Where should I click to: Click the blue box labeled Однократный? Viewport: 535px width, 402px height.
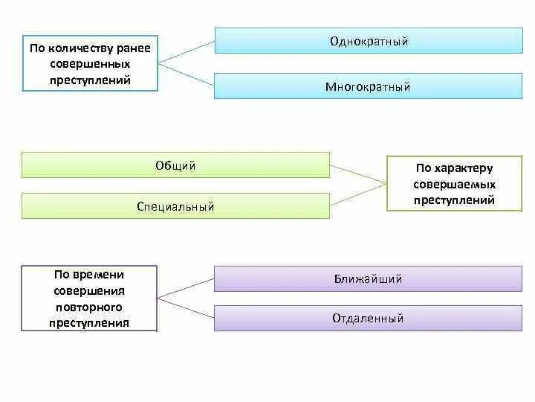tap(369, 41)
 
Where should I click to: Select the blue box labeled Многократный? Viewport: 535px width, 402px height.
tap(369, 86)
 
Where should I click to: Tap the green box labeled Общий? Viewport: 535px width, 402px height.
tap(175, 165)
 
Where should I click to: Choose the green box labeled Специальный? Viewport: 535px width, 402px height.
tap(175, 206)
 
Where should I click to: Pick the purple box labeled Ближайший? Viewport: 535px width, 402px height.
tap(369, 279)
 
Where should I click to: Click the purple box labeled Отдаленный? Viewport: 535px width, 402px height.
tap(369, 319)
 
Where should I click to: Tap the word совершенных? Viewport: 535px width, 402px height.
tap(90, 65)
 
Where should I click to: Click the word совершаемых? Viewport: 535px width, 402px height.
tap(455, 184)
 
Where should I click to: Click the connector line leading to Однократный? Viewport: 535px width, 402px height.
tap(187, 50)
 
